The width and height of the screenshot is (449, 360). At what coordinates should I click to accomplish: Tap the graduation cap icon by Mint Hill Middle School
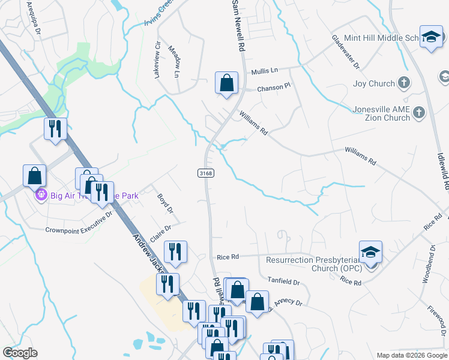point(431,38)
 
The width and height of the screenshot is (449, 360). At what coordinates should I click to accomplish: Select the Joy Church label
point(374,84)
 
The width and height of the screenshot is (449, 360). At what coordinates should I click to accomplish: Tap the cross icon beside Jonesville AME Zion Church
point(419,112)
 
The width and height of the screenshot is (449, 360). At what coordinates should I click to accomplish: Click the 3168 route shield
point(203,173)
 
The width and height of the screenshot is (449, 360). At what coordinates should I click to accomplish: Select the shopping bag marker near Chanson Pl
point(227,83)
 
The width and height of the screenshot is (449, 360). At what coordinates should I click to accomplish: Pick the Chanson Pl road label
point(274,87)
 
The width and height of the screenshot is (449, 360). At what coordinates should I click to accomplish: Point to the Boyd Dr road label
point(165,203)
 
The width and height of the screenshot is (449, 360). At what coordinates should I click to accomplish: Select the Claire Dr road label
point(160,232)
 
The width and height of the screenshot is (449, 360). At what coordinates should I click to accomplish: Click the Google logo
point(20,353)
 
